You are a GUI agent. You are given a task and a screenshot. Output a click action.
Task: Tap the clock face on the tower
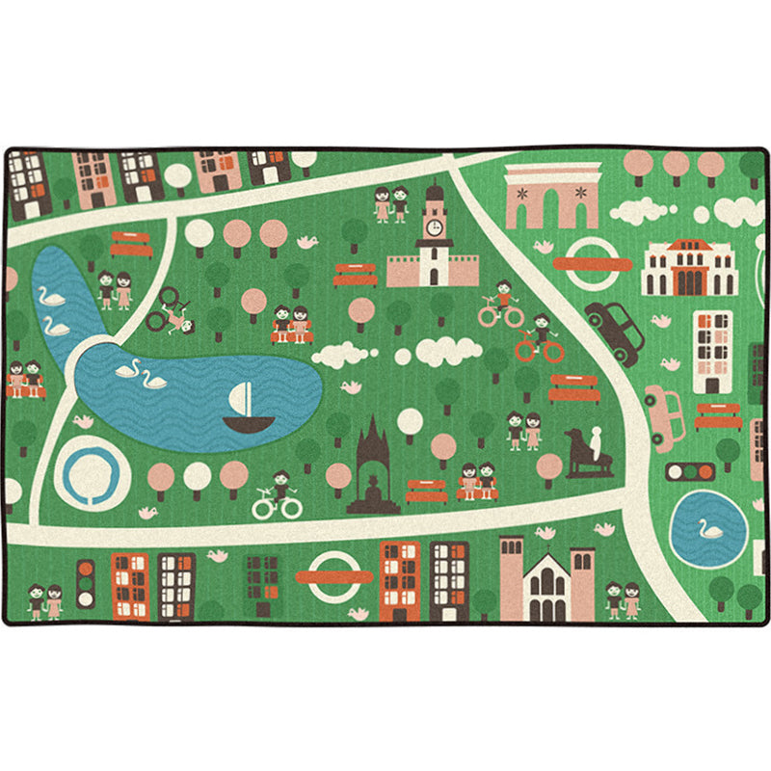[434, 226]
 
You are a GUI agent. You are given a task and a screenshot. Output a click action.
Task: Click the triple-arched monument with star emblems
[552, 197]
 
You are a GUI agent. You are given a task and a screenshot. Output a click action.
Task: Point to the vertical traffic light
[86, 583]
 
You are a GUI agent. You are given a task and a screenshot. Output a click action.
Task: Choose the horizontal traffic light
[691, 471]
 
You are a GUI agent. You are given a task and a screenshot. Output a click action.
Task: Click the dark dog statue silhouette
[581, 453]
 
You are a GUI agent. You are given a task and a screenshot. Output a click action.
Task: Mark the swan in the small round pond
[711, 529]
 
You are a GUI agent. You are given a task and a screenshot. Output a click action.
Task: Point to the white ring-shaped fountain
[92, 473]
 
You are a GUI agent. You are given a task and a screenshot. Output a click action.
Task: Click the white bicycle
[278, 500]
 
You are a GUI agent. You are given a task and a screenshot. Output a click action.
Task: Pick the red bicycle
[540, 344]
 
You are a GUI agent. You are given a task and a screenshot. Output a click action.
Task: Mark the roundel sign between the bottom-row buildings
[333, 576]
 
